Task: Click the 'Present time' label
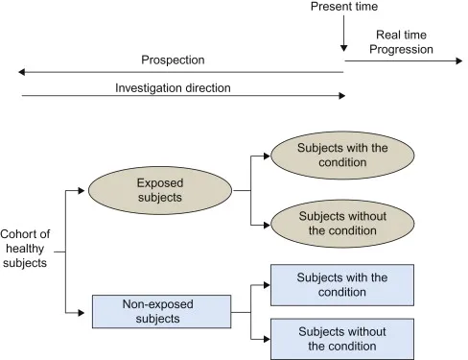pyautogui.click(x=343, y=8)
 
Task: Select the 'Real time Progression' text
pyautogui.click(x=401, y=42)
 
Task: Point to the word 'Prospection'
pyautogui.click(x=173, y=60)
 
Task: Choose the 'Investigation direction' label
pyautogui.click(x=173, y=87)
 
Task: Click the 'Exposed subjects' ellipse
pyautogui.click(x=161, y=190)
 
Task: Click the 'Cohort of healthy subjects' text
pyautogui.click(x=24, y=249)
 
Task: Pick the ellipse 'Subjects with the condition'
pyautogui.click(x=342, y=156)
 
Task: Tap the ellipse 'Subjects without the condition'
pyautogui.click(x=342, y=224)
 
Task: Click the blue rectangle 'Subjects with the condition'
pyautogui.click(x=342, y=284)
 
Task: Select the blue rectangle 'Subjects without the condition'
pyautogui.click(x=342, y=339)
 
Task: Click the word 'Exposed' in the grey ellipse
pyautogui.click(x=161, y=182)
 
